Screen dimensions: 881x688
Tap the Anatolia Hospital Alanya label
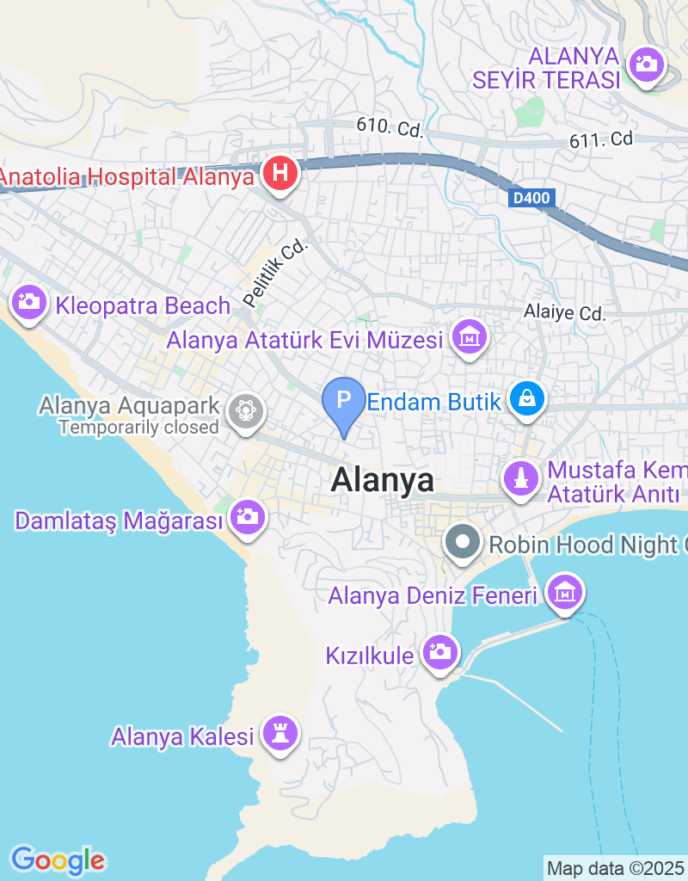click(127, 177)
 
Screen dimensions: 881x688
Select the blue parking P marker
click(343, 401)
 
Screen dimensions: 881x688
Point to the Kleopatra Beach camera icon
click(28, 302)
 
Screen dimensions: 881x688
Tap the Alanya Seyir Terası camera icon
click(644, 65)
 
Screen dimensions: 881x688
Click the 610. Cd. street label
click(390, 127)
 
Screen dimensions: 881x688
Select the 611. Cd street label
click(601, 139)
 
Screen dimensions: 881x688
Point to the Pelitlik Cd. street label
click(274, 274)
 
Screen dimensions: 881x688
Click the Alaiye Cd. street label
click(565, 313)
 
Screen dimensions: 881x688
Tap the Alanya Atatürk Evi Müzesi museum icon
click(470, 337)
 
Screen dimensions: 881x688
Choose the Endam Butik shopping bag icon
click(524, 398)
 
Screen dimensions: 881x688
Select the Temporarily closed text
click(139, 426)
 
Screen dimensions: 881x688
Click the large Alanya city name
click(382, 480)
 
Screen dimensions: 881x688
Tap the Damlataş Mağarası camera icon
click(248, 517)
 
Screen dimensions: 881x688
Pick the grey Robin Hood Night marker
click(464, 543)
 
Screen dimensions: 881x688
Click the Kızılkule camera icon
click(440, 651)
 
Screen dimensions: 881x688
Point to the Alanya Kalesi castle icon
click(279, 734)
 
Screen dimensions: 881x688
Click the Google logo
click(58, 859)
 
